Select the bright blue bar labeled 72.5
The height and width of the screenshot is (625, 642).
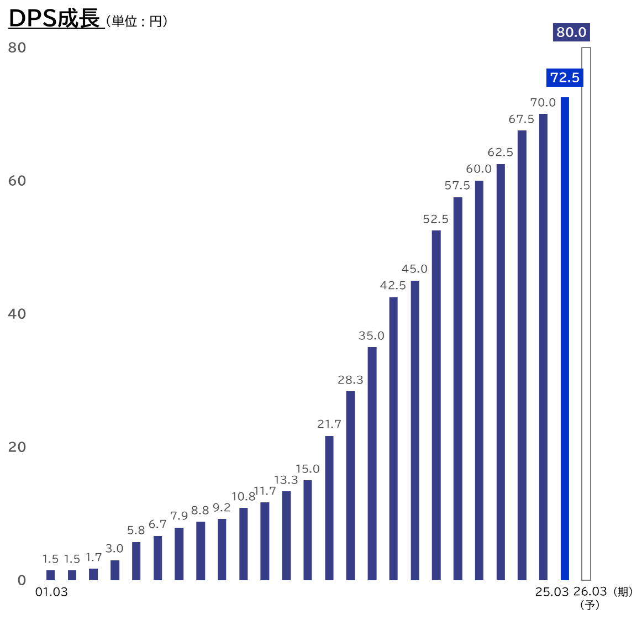(x=564, y=338)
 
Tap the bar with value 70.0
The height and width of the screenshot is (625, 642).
(x=543, y=346)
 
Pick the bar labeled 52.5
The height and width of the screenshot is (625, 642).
(x=436, y=405)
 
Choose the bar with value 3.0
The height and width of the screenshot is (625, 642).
(x=115, y=570)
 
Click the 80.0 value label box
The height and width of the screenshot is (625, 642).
(x=571, y=32)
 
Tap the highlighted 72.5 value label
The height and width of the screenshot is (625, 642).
(x=565, y=77)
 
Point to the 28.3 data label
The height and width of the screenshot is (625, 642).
(x=350, y=380)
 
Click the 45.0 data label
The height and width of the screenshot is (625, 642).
(x=414, y=269)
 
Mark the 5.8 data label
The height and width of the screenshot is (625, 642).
(x=136, y=531)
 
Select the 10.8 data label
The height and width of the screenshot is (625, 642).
(x=243, y=497)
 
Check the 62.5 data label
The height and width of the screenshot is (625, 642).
(x=500, y=153)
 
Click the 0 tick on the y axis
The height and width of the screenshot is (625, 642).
(x=22, y=580)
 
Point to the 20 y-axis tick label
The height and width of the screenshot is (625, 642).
(x=17, y=447)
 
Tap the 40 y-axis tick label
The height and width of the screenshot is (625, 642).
(x=17, y=314)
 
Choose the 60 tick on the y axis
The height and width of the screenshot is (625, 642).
(x=17, y=181)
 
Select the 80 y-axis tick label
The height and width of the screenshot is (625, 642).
(x=17, y=48)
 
